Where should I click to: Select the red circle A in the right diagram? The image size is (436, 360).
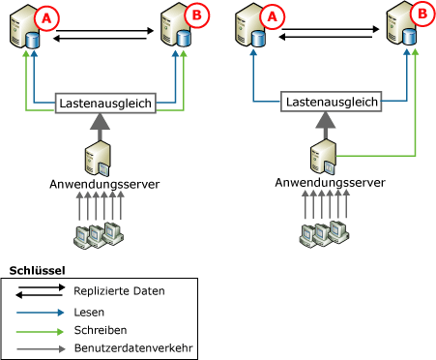(273, 16)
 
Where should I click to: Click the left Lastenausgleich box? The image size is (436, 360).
(105, 102)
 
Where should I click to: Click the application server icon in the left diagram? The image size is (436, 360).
(102, 155)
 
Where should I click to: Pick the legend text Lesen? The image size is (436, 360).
(88, 313)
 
